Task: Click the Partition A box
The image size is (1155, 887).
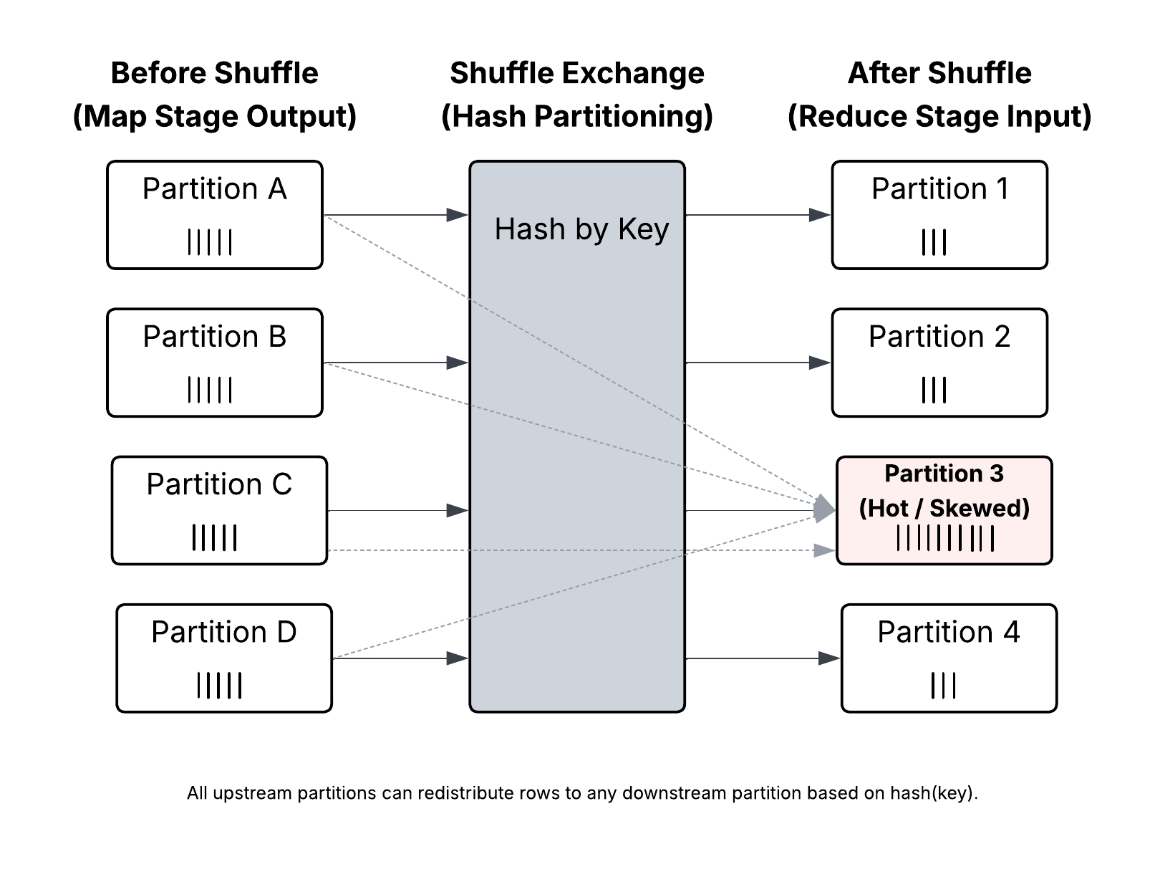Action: click(x=214, y=214)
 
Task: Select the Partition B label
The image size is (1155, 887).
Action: click(x=214, y=337)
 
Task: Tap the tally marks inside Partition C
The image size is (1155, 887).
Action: click(x=214, y=537)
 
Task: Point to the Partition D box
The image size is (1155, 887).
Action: click(x=223, y=658)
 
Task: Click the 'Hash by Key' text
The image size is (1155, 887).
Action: click(x=581, y=229)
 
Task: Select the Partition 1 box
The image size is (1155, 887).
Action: click(x=939, y=214)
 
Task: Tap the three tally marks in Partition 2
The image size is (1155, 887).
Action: click(x=934, y=390)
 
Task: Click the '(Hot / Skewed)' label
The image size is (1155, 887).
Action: click(x=944, y=508)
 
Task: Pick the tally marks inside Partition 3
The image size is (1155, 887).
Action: click(x=945, y=538)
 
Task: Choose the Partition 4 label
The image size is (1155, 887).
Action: click(x=948, y=632)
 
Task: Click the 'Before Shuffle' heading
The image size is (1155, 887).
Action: click(x=214, y=73)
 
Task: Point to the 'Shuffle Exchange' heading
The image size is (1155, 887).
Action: click(x=576, y=73)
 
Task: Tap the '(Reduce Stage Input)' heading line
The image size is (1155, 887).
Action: click(x=939, y=116)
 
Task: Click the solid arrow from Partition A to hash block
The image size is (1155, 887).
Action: click(x=394, y=214)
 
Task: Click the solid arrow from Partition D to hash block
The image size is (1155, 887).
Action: click(x=399, y=658)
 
